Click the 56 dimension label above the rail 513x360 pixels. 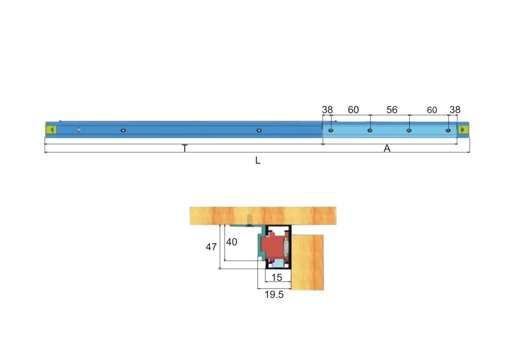click(392, 110)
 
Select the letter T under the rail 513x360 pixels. click(184, 148)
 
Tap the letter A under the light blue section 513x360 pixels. click(387, 148)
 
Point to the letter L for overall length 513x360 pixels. click(258, 161)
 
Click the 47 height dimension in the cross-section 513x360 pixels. click(211, 247)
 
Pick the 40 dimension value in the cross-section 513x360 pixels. click(231, 242)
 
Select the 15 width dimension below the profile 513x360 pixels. click(277, 277)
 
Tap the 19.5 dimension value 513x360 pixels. click(274, 294)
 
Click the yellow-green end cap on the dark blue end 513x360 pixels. click(51, 130)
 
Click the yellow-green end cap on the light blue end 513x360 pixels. click(463, 130)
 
